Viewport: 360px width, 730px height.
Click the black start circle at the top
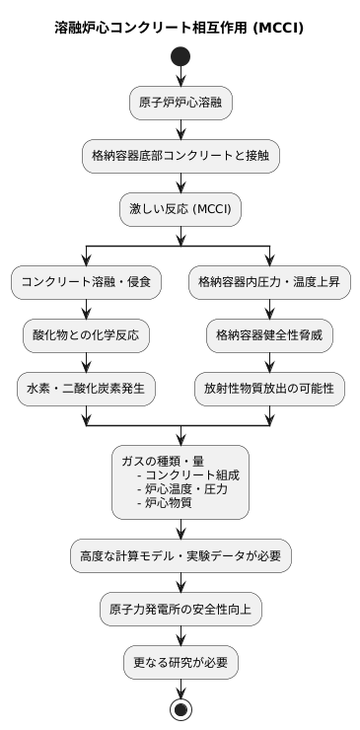coord(180,57)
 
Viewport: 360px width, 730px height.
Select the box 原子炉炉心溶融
coord(180,103)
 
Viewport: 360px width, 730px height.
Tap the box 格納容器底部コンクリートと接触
coord(180,156)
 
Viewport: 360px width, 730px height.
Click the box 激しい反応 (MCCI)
coord(180,209)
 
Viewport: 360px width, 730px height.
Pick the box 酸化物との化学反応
coord(86,335)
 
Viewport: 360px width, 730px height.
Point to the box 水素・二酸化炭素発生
coord(86,389)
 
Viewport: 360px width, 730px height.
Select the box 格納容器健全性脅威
coord(269,335)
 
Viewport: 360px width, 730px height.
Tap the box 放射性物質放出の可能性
coord(269,389)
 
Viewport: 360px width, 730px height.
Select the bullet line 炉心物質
coord(168,502)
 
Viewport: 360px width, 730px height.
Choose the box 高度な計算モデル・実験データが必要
coord(180,556)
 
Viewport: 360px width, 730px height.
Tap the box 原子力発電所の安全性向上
coord(180,610)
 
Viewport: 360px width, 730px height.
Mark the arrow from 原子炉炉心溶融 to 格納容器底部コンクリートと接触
coord(180,129)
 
